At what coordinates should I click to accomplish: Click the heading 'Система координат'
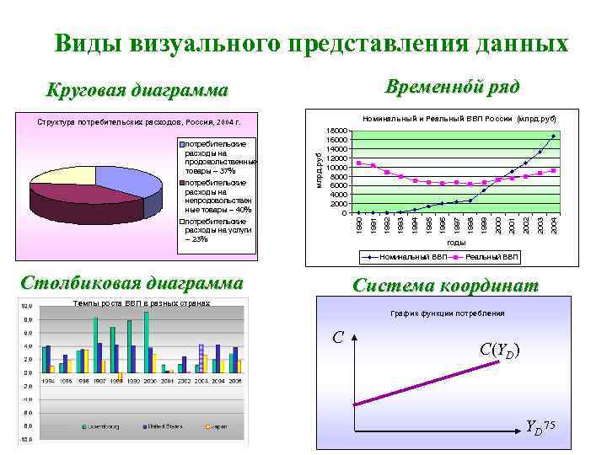(445, 286)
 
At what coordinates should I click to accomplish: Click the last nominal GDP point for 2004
(553, 136)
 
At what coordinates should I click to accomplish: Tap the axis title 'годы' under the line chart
(456, 242)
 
